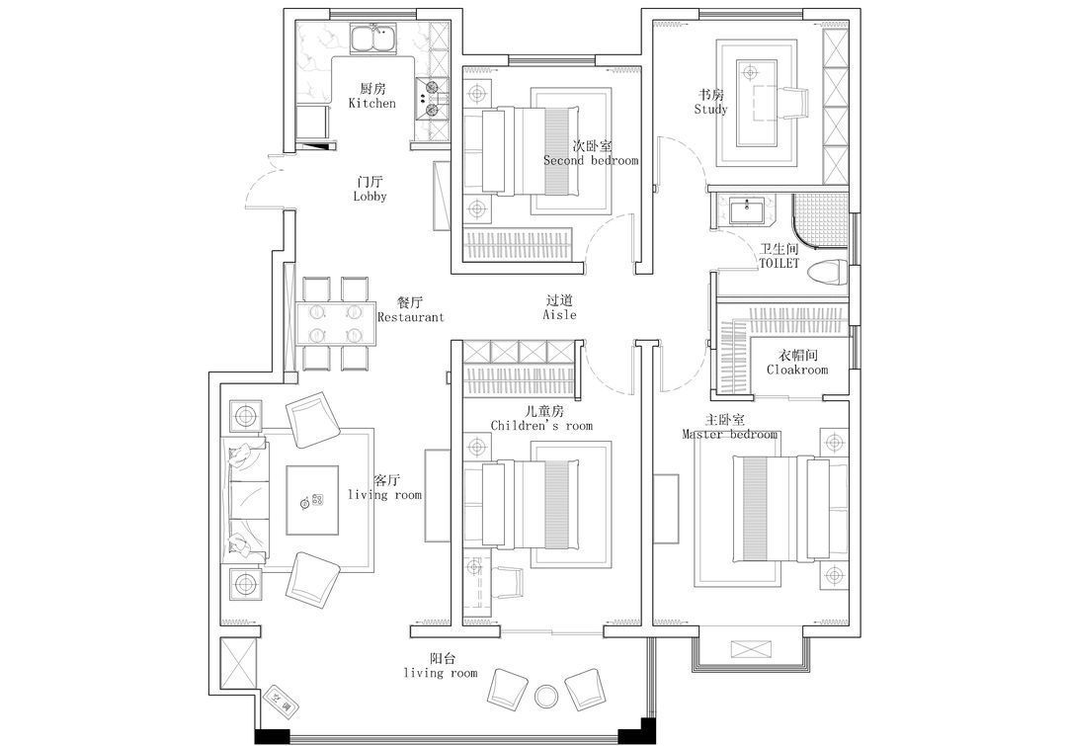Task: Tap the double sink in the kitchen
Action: click(373, 38)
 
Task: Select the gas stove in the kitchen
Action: click(432, 98)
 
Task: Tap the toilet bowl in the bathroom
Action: click(828, 273)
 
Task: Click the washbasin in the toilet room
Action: click(748, 210)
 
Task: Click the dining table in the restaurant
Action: click(336, 323)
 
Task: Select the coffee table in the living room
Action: click(312, 501)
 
